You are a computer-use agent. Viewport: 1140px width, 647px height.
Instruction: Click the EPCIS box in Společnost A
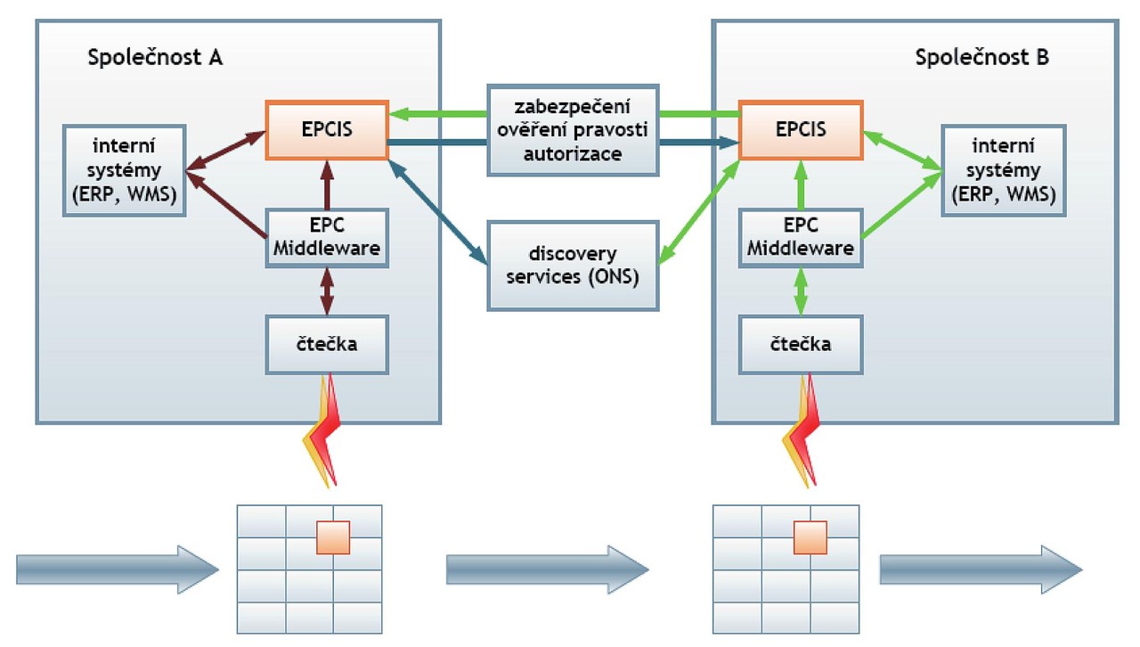pyautogui.click(x=327, y=129)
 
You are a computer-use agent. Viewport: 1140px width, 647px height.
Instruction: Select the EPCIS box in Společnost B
pyautogui.click(x=801, y=129)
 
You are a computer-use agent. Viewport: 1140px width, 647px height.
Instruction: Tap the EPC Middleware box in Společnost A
pyautogui.click(x=327, y=238)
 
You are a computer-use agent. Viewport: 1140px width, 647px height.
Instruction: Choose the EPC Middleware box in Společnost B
pyautogui.click(x=801, y=238)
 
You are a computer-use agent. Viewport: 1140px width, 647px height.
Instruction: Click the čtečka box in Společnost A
pyautogui.click(x=327, y=344)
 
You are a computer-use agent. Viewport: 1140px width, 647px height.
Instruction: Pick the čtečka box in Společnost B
pyautogui.click(x=801, y=344)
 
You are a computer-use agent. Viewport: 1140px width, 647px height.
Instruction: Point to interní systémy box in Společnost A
pyautogui.click(x=125, y=170)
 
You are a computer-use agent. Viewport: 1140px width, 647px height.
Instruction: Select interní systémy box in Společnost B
pyautogui.click(x=1004, y=170)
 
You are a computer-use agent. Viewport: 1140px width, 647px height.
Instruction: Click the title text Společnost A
pyautogui.click(x=155, y=59)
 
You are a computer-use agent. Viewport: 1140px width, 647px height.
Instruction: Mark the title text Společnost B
pyautogui.click(x=981, y=59)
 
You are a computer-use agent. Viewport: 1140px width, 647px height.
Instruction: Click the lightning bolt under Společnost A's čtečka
pyautogui.click(x=322, y=432)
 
